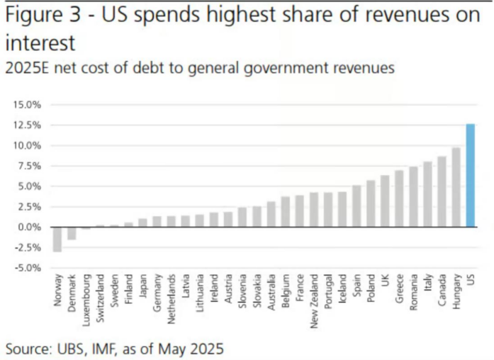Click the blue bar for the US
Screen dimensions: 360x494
click(470, 176)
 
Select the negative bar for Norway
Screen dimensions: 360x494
click(57, 240)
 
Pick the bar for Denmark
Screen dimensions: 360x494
click(72, 233)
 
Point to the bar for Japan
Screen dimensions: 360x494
click(142, 223)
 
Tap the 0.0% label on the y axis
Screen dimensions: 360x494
click(30, 227)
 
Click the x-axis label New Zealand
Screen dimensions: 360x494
click(314, 301)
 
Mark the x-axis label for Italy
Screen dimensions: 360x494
click(427, 284)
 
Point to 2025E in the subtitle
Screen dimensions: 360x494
click(27, 69)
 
